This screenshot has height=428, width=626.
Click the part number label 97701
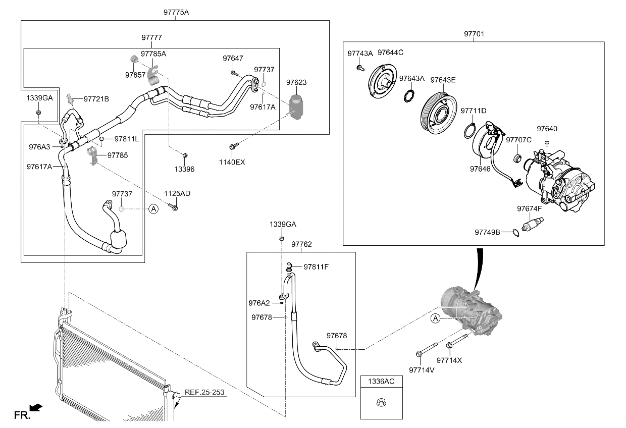pyautogui.click(x=474, y=34)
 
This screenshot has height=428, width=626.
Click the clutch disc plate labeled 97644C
pyautogui.click(x=382, y=81)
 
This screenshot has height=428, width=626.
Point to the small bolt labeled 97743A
pyautogui.click(x=360, y=68)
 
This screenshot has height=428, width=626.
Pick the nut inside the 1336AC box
pyautogui.click(x=381, y=403)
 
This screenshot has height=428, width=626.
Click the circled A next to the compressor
pyautogui.click(x=435, y=318)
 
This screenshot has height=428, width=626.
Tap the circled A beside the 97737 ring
pyautogui.click(x=153, y=209)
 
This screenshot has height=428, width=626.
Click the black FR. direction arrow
pyautogui.click(x=35, y=408)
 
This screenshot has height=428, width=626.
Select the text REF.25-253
pyautogui.click(x=204, y=392)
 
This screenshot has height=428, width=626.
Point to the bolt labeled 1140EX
pyautogui.click(x=234, y=146)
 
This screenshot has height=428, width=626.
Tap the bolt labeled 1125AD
pyautogui.click(x=173, y=207)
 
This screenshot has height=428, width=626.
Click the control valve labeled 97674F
pyautogui.click(x=533, y=224)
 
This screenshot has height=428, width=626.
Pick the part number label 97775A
pyautogui.click(x=176, y=12)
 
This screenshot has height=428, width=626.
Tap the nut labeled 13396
pyautogui.click(x=185, y=155)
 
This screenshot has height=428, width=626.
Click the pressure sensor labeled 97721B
pyautogui.click(x=70, y=98)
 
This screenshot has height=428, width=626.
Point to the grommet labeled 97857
pyautogui.click(x=134, y=59)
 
